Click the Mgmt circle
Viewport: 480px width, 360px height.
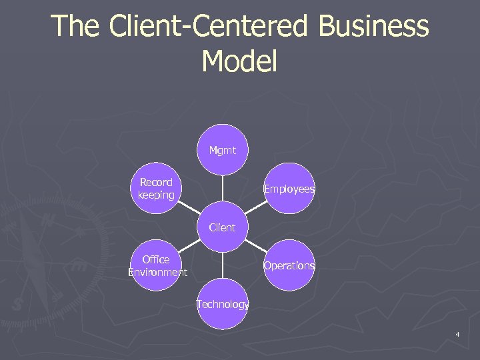(222, 150)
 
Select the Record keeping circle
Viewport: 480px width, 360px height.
(155, 189)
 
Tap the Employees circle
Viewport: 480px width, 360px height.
(289, 189)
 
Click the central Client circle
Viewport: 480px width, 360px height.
(222, 227)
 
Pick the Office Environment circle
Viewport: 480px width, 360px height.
(155, 265)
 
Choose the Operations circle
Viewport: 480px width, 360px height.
(289, 265)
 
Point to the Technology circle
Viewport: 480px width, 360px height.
(222, 304)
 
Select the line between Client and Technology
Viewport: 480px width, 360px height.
(222, 265)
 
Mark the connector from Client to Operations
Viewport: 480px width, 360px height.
(255, 246)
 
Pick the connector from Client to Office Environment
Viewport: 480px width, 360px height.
(189, 246)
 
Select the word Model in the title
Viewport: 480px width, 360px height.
(239, 61)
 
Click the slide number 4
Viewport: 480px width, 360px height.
(457, 333)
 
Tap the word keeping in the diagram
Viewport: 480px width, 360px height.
(155, 195)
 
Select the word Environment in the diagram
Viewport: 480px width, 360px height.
(157, 272)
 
